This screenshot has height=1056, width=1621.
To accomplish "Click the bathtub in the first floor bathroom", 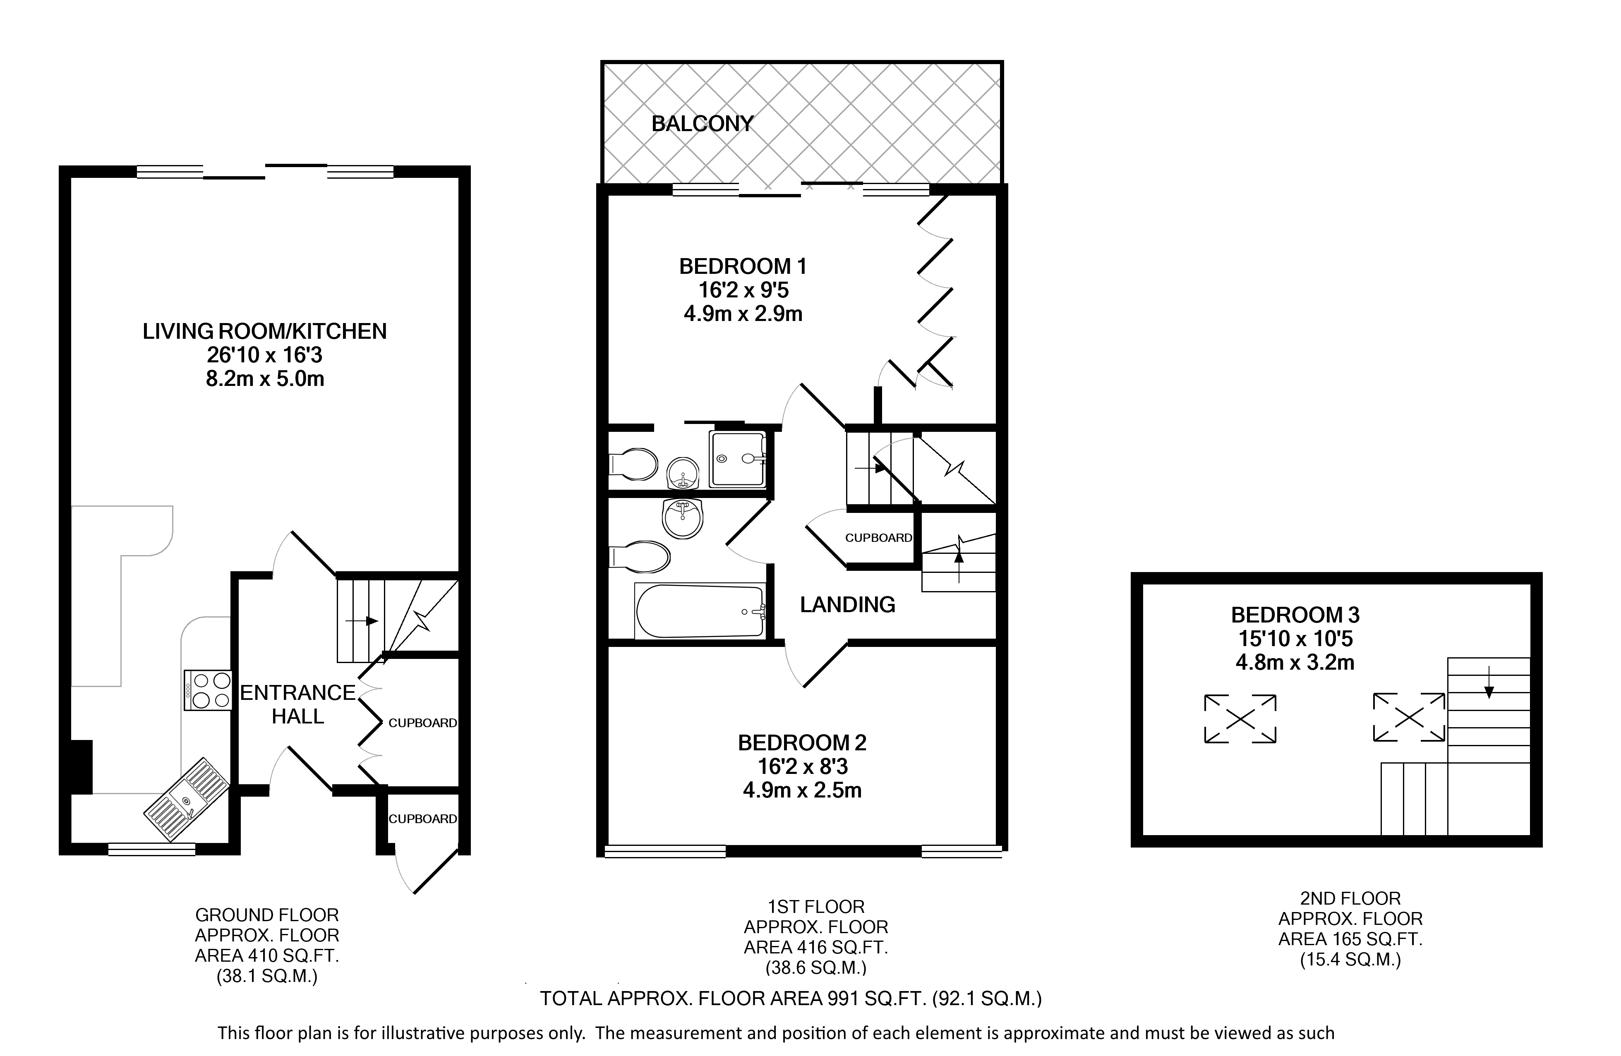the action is click(700, 611).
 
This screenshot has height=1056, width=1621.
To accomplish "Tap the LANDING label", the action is click(847, 605).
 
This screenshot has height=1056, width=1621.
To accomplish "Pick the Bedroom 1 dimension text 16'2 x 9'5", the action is click(743, 290).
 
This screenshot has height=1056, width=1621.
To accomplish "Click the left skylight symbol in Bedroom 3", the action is click(1240, 718).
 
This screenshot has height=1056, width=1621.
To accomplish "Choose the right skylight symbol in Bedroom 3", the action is click(1408, 717).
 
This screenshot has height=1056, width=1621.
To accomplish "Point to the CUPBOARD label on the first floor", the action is click(879, 538).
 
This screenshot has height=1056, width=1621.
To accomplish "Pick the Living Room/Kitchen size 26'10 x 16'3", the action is click(264, 355).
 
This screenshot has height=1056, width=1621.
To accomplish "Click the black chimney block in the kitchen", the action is click(82, 766).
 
